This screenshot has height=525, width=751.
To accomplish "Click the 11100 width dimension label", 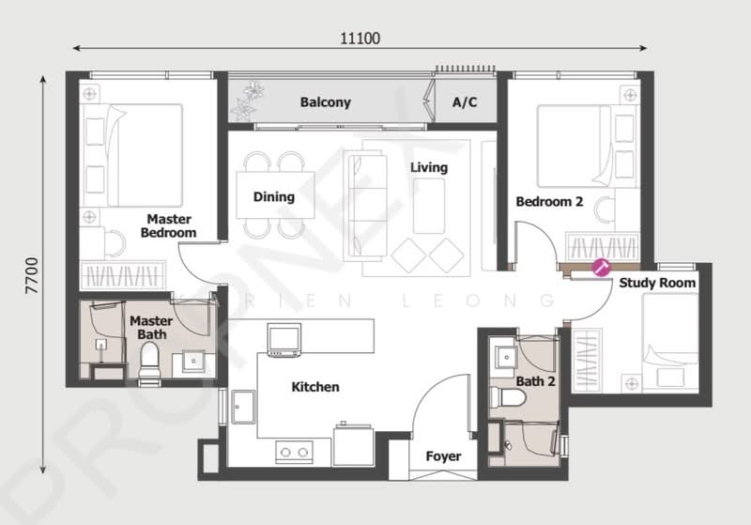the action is click(360, 39).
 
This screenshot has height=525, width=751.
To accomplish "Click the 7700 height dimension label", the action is click(32, 275).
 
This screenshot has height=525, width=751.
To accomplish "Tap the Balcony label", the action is click(325, 102).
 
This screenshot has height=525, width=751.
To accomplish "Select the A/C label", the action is click(465, 102).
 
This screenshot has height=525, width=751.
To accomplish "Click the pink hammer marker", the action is click(601, 268).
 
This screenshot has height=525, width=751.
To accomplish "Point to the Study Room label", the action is click(657, 283).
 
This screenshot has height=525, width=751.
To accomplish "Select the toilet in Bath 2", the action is click(508, 397).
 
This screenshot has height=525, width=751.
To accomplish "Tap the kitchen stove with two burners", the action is click(294, 452).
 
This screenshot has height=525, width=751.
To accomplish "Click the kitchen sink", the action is click(243, 408).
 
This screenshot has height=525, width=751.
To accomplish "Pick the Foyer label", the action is click(443, 456).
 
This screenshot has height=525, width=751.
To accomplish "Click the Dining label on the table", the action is click(273, 197).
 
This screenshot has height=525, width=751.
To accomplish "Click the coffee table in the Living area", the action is click(429, 206).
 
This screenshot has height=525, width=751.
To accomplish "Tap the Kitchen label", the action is click(315, 387).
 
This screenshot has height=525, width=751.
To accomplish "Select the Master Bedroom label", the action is click(169, 225).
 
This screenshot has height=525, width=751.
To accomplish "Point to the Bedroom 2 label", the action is click(549, 202).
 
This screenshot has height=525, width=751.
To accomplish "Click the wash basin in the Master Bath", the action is click(193, 361).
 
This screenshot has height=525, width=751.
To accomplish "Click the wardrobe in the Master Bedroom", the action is click(122, 275).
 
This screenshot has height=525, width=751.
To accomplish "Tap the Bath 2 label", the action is click(535, 381).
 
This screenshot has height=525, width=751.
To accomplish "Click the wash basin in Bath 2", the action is click(505, 356).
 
